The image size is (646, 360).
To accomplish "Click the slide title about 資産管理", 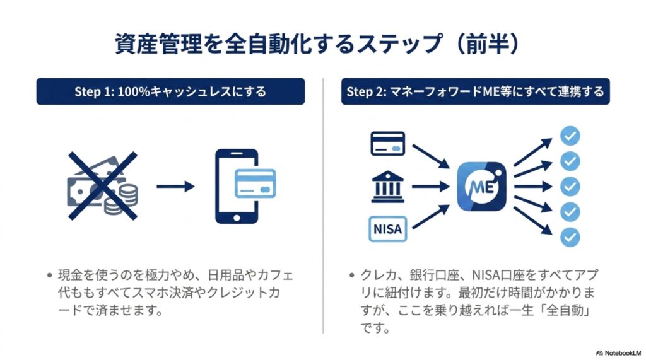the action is [x=317, y=44].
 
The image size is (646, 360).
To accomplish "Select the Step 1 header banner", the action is [x=170, y=91].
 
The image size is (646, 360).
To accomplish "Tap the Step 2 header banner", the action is [x=476, y=91].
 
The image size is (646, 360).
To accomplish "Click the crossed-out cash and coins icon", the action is [x=103, y=186].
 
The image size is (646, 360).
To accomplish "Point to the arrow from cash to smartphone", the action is [x=175, y=187].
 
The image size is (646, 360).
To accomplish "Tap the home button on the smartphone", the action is [x=237, y=218].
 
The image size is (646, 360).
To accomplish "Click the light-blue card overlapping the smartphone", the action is [x=255, y=183].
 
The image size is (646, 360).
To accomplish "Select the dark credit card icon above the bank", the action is [x=388, y=143].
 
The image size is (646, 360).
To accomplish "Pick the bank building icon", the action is [x=388, y=187].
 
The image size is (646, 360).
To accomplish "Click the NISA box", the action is [x=388, y=229].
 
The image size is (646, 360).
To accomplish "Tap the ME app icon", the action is [x=481, y=187].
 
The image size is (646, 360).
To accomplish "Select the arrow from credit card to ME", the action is [x=431, y=156].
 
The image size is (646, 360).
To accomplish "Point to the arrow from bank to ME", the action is [x=431, y=187].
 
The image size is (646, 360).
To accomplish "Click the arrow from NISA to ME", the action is [x=431, y=217].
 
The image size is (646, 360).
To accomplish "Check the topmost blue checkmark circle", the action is [x=570, y=136].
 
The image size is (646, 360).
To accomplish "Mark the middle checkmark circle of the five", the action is [x=570, y=187].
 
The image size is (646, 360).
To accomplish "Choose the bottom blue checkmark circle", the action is [x=570, y=237].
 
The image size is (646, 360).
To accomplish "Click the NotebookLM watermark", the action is [x=618, y=353].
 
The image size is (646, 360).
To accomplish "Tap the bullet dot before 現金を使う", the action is [x=50, y=275].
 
